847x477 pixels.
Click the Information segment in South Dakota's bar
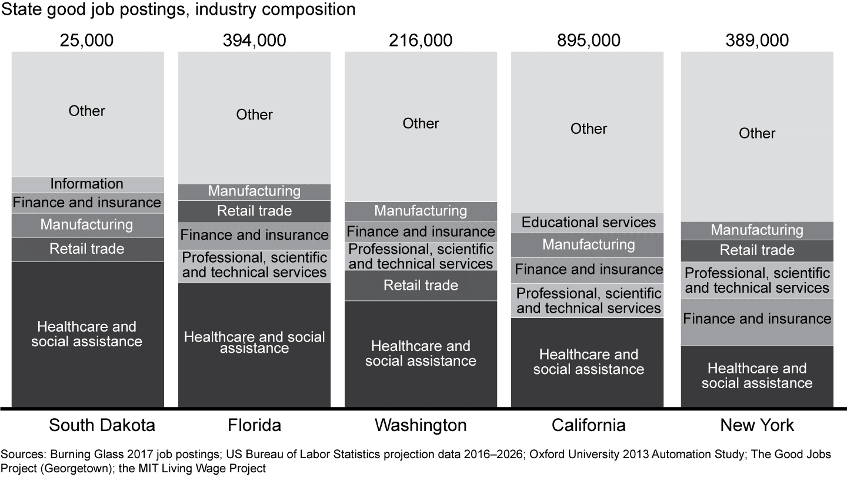pos(87,184)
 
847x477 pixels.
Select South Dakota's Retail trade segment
pos(87,249)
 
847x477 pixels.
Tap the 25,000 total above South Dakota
pos(87,40)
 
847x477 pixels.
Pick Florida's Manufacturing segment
pos(254,191)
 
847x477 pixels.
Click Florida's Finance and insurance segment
pos(254,236)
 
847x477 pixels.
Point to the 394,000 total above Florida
pos(254,40)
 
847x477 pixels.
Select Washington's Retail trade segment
pos(421,286)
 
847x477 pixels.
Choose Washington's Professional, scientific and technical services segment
pos(421,256)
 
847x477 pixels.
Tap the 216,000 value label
pos(421,40)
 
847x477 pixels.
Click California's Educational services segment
pos(588,223)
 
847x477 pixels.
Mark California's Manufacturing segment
pos(588,244)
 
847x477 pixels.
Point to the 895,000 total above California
pos(588,40)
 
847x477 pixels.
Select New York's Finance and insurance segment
pos(757,319)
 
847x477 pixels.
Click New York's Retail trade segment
pos(757,250)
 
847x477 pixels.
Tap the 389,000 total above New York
pos(757,40)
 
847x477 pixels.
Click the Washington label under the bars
pos(421,425)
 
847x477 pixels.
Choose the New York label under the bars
pos(757,425)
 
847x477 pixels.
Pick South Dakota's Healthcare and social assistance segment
pos(87,334)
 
